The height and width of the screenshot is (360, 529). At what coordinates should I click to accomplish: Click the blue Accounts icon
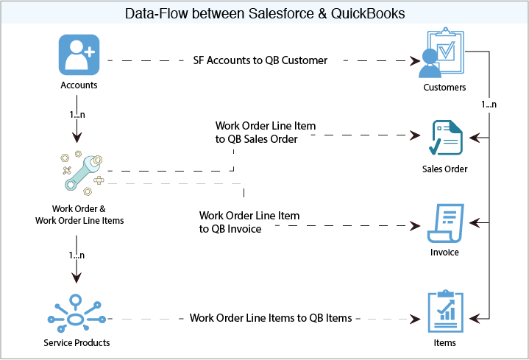click(79, 55)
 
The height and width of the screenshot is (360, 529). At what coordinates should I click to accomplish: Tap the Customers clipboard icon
click(444, 53)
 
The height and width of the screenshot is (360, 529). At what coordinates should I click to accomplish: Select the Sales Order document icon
click(446, 138)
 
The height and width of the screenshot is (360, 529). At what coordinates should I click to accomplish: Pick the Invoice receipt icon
click(445, 222)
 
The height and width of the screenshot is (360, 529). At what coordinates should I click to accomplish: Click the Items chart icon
click(445, 311)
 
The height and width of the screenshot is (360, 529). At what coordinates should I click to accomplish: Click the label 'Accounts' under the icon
click(79, 85)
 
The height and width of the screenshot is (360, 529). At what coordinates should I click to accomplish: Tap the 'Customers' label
click(444, 88)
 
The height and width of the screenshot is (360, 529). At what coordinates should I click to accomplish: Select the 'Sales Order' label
click(444, 169)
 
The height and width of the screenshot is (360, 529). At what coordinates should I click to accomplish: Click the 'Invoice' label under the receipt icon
click(444, 253)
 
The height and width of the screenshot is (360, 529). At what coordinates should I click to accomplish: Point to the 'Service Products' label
click(77, 343)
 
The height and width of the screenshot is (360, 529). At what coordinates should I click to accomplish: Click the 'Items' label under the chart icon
click(444, 342)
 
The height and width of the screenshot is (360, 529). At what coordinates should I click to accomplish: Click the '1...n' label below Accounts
click(76, 115)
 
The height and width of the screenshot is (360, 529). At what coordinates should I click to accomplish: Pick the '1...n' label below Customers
click(489, 105)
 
